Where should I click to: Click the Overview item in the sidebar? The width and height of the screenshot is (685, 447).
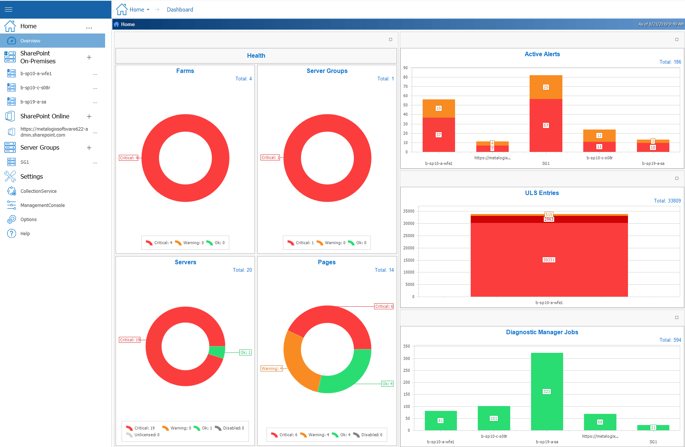coord(30,41)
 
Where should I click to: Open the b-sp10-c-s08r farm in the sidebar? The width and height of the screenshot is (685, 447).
coord(35,88)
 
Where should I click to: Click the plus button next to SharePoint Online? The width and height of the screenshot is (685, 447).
coord(89,116)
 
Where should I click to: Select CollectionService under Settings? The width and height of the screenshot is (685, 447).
coord(38,191)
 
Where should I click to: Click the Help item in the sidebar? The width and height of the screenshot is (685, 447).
coord(25,234)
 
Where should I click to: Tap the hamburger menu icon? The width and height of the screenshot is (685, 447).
coord(9,9)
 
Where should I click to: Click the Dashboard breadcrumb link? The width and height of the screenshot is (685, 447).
coord(180,10)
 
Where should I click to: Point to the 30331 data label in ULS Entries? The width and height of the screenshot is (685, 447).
coord(549,260)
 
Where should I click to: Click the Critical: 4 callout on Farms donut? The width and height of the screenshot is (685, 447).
coord(129,158)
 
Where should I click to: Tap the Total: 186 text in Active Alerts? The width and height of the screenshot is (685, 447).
coord(670,62)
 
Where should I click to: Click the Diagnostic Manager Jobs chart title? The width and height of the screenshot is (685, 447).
coord(542,332)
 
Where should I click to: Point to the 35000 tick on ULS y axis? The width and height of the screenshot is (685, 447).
coord(408,211)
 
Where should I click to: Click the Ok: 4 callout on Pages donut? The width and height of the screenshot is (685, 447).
coord(387,384)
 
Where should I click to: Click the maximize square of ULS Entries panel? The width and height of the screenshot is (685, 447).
coord(677,178)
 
